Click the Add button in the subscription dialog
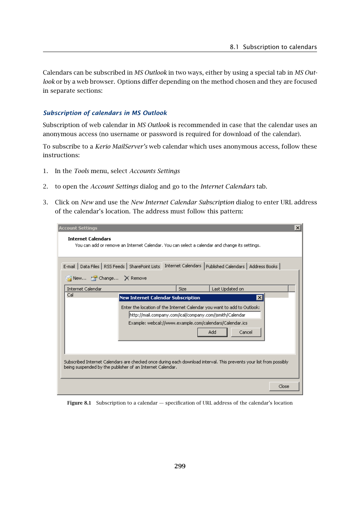tap(212, 332)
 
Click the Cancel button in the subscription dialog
tap(246, 332)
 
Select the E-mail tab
tap(69, 267)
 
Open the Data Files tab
tap(89, 267)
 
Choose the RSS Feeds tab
tap(114, 267)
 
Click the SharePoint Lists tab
tap(144, 267)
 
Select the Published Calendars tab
tap(225, 267)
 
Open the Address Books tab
tap(263, 267)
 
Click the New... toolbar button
tap(76, 278)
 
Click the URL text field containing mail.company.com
tap(194, 315)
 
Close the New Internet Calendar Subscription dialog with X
tap(260, 298)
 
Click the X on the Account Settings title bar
tap(298, 228)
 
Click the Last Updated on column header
tap(228, 289)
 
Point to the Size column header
tap(183, 289)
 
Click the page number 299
tap(180, 466)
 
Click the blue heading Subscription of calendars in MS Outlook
tap(105, 113)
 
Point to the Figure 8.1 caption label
tap(79, 403)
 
